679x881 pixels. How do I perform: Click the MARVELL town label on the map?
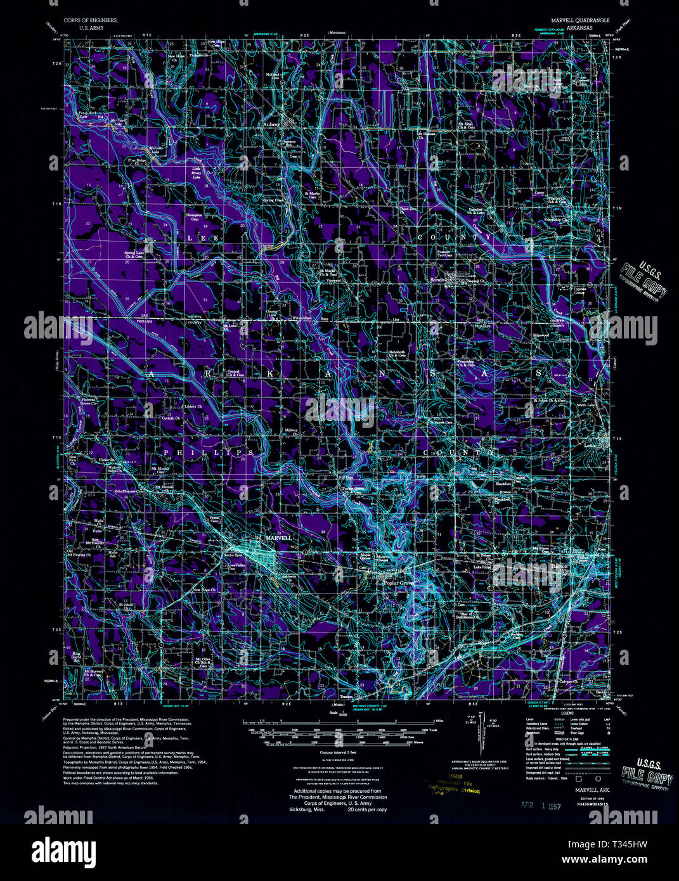coord(278,537)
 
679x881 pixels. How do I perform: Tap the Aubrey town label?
coord(271,125)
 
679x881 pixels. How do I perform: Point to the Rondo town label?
coord(437,280)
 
